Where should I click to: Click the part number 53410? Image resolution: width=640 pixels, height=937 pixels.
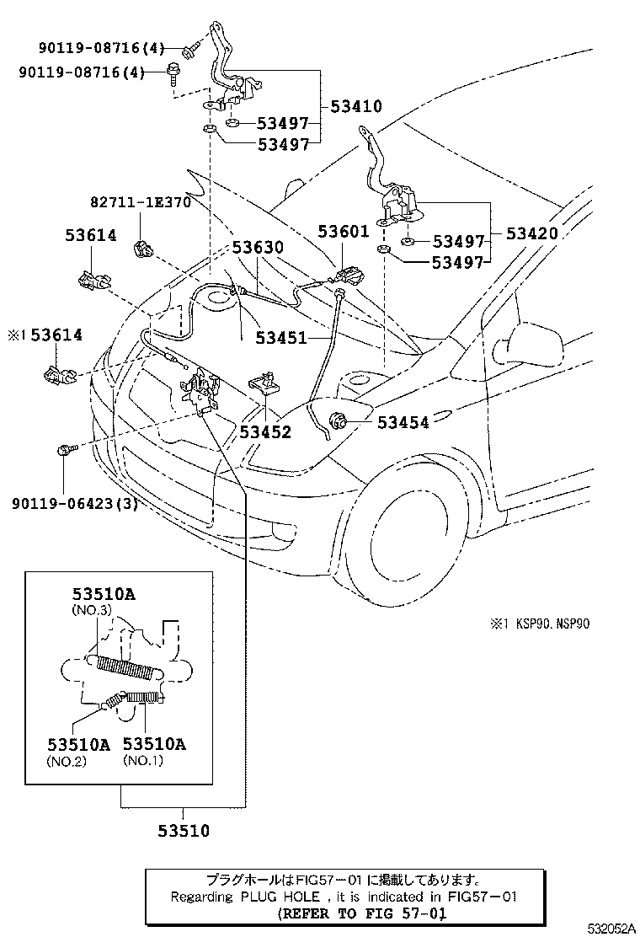[356, 107]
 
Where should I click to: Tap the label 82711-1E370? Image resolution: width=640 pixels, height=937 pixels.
[141, 203]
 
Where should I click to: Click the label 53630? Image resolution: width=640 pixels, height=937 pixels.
[259, 248]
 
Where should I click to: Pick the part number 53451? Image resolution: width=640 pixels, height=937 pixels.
[280, 336]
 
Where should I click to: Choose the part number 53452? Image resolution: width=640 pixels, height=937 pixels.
[264, 432]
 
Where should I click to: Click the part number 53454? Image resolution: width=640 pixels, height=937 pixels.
[403, 422]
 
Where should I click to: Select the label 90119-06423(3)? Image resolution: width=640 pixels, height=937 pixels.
[75, 504]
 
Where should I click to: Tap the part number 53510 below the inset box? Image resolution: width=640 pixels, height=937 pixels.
[183, 831]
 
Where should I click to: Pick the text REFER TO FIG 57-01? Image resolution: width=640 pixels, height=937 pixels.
[361, 913]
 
